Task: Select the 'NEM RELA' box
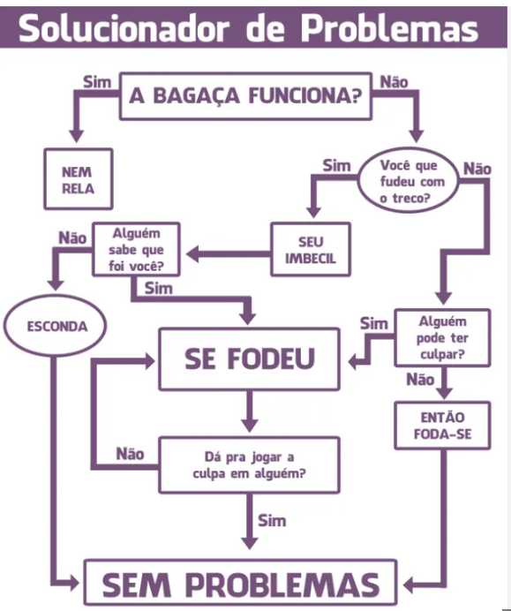coord(79,178)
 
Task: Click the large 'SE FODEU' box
coord(249,358)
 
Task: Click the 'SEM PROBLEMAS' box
coord(242,584)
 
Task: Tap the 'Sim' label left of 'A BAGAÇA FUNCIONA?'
coord(95,81)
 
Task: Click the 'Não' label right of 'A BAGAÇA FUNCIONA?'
coord(393,81)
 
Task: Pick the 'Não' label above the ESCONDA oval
coord(71,237)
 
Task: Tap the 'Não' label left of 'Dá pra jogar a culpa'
coord(130,454)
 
